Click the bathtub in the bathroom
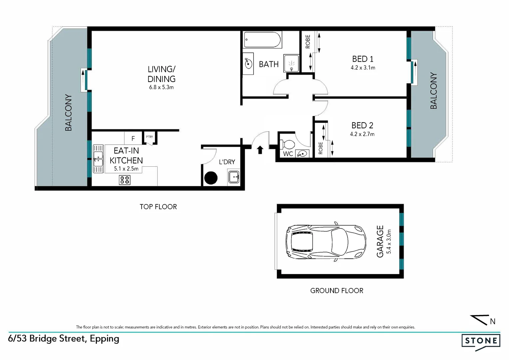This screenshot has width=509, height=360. (x=262, y=40)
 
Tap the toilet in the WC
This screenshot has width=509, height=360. (x=287, y=144)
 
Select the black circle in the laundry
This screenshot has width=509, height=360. (x=211, y=178)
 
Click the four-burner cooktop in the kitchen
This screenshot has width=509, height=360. (x=125, y=180)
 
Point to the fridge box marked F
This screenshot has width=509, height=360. (x=133, y=138)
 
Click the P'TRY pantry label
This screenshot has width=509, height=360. (x=149, y=137)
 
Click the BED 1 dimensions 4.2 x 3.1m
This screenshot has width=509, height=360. (x=363, y=68)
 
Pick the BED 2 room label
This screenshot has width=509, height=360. (x=362, y=126)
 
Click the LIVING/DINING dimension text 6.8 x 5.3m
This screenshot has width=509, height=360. (x=161, y=87)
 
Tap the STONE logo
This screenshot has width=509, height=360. (x=481, y=341)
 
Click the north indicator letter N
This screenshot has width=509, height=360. (x=492, y=321)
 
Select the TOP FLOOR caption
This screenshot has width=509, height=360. (x=158, y=207)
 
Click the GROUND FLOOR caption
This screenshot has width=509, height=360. (x=336, y=291)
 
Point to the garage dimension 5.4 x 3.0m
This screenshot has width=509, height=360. (x=388, y=242)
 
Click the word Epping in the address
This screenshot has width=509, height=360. (x=104, y=339)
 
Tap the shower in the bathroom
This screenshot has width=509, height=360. (x=291, y=63)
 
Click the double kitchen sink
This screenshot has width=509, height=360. (x=98, y=158)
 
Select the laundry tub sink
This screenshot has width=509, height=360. (x=234, y=177)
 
